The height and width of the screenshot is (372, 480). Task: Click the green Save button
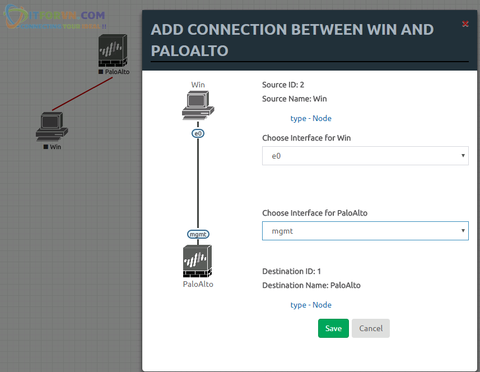pos(333,328)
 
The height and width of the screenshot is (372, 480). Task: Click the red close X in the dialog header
pos(465,24)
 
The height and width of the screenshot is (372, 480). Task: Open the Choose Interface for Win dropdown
pos(365,156)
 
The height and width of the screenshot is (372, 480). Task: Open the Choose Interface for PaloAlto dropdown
pos(365,231)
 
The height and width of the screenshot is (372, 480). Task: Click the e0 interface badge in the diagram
pos(198,133)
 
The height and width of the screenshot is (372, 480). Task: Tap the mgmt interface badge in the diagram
pos(198,234)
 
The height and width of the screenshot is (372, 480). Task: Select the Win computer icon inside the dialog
pos(198,105)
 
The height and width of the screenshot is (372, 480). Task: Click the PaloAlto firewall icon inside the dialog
pos(198,261)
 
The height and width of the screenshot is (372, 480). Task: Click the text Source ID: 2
pos(283,85)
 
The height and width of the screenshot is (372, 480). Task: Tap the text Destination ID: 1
pos(291,271)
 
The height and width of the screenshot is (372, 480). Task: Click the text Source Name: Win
pos(295,99)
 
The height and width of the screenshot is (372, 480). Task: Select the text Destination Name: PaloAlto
pos(311,285)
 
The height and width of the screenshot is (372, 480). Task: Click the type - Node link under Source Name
pos(311,118)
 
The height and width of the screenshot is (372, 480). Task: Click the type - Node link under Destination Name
pos(311,305)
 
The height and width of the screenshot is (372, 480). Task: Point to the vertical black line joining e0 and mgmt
pos(198,185)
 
